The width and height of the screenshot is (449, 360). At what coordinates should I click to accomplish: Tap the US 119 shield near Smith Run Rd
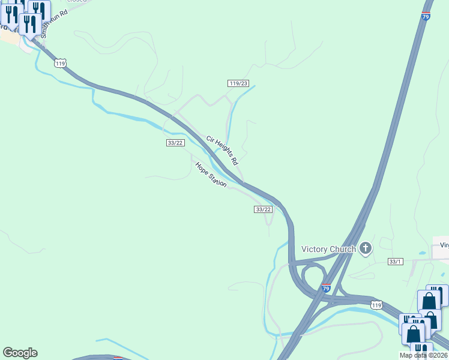click(59, 63)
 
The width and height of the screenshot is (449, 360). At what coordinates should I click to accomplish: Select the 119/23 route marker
click(238, 83)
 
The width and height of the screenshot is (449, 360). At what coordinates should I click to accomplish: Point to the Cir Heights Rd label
click(222, 151)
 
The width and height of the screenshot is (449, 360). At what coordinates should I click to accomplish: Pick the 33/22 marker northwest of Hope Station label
click(175, 142)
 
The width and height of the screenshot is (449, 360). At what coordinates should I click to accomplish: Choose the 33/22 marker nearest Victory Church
click(264, 209)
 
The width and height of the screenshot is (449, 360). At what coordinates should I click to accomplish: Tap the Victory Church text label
click(328, 249)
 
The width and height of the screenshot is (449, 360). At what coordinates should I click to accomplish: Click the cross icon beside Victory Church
click(366, 248)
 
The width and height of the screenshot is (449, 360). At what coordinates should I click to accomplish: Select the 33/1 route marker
click(395, 262)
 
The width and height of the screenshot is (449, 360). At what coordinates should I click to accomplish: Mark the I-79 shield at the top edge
click(426, 16)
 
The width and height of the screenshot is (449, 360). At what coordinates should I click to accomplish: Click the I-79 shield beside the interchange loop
click(326, 289)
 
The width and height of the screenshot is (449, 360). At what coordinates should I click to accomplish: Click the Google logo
click(20, 353)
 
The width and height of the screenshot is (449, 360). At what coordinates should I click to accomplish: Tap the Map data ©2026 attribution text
click(424, 355)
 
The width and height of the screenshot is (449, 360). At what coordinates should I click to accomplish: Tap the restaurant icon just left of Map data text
click(421, 352)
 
